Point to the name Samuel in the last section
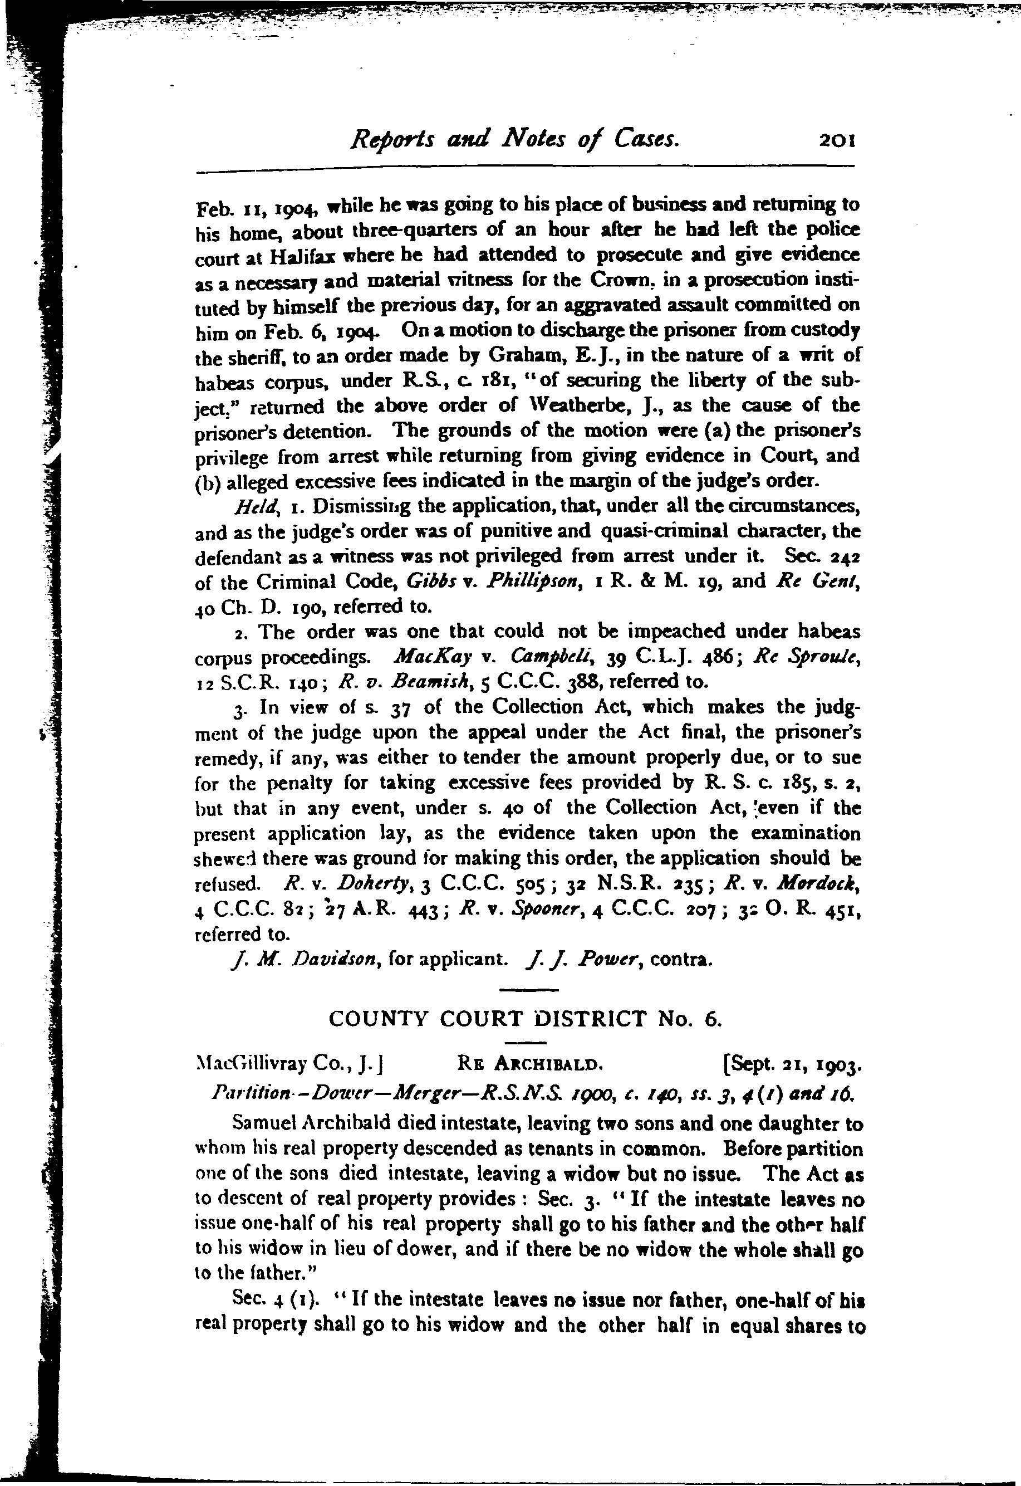[x=265, y=1125]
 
